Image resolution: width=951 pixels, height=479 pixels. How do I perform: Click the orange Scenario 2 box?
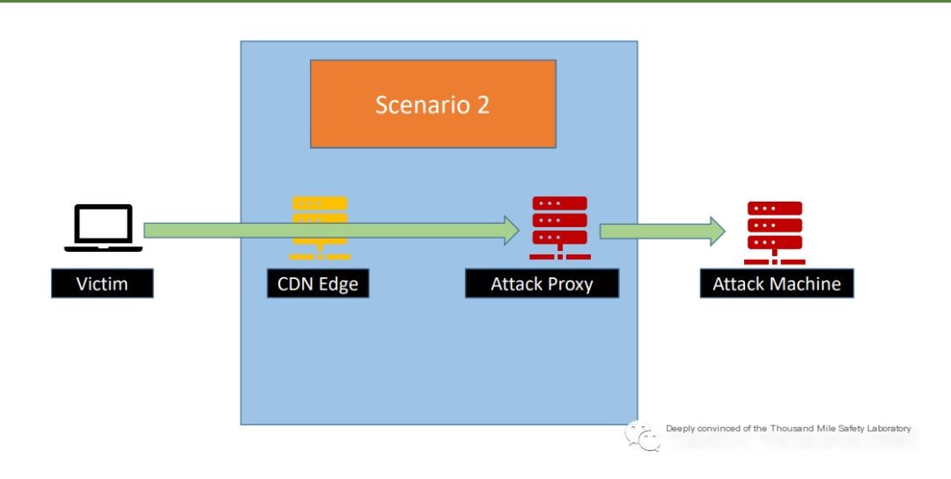pos(433,104)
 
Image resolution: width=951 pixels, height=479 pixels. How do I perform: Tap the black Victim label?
pos(102,284)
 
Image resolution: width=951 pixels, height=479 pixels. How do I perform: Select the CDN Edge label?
pos(318,284)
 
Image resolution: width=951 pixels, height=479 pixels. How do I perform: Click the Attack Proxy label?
pos(542,284)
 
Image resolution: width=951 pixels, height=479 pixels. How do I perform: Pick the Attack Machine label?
pos(777,284)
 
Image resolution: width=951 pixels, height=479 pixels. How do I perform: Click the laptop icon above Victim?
pos(104,228)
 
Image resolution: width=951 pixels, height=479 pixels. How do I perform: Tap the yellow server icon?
pos(320,228)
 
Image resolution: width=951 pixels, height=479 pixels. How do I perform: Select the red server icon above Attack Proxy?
pos(560,228)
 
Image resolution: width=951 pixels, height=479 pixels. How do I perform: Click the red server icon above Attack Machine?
pos(775,232)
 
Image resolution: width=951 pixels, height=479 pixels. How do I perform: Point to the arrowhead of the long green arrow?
pos(512,231)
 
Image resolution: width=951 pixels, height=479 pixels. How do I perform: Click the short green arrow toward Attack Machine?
pos(662,231)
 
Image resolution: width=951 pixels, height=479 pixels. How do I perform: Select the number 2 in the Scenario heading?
pos(483,105)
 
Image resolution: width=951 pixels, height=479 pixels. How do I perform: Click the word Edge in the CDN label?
pos(339,284)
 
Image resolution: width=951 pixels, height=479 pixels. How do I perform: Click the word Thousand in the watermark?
pos(791,429)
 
